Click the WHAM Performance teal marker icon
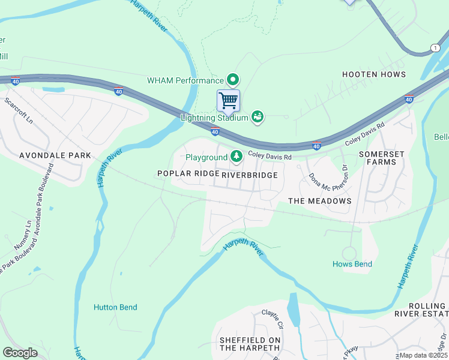(x=233, y=80)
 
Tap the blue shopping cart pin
(x=228, y=100)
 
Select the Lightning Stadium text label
(x=214, y=118)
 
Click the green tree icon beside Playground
(x=237, y=157)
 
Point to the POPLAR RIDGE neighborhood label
(x=187, y=173)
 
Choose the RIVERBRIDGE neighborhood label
(x=250, y=175)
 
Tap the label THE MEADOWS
(x=319, y=201)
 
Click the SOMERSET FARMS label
(x=378, y=158)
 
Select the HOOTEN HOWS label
(x=373, y=74)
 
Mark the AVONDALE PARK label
(x=55, y=155)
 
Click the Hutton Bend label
(x=115, y=307)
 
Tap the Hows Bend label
(x=352, y=264)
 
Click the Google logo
(x=20, y=352)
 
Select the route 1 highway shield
(x=435, y=47)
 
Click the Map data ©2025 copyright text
(x=424, y=355)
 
